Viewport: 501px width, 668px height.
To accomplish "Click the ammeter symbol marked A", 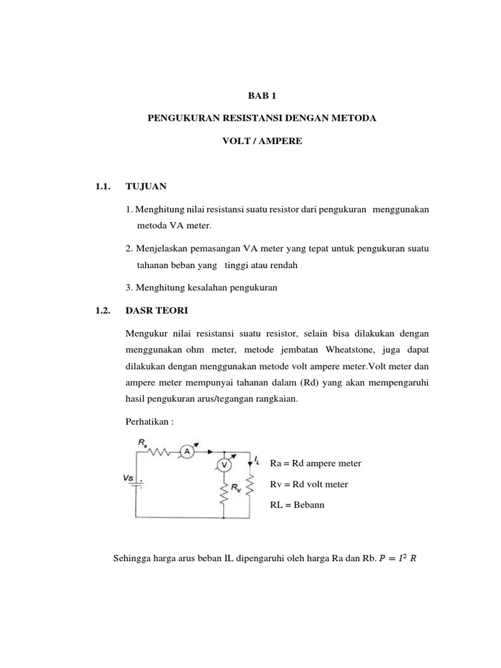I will point(186,451).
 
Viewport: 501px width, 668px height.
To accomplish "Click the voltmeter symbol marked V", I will point(224,465).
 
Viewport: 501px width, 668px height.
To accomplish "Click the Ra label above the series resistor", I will point(142,442).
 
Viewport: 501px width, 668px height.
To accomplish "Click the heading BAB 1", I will point(262,95).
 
